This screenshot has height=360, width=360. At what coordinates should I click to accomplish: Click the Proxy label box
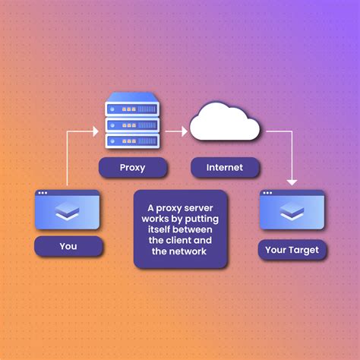132,168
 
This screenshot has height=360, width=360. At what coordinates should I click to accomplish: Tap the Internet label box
224,168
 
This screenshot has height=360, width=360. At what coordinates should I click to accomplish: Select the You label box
68,246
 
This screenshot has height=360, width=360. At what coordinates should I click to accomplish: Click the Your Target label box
292,249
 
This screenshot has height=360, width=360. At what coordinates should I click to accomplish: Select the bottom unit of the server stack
132,141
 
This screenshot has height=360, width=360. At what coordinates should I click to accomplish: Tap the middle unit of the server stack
132,122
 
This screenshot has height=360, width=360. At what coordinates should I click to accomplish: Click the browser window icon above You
68,210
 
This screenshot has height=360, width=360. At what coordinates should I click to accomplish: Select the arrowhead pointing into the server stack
95,131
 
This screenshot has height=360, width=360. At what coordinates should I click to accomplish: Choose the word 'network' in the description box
188,252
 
